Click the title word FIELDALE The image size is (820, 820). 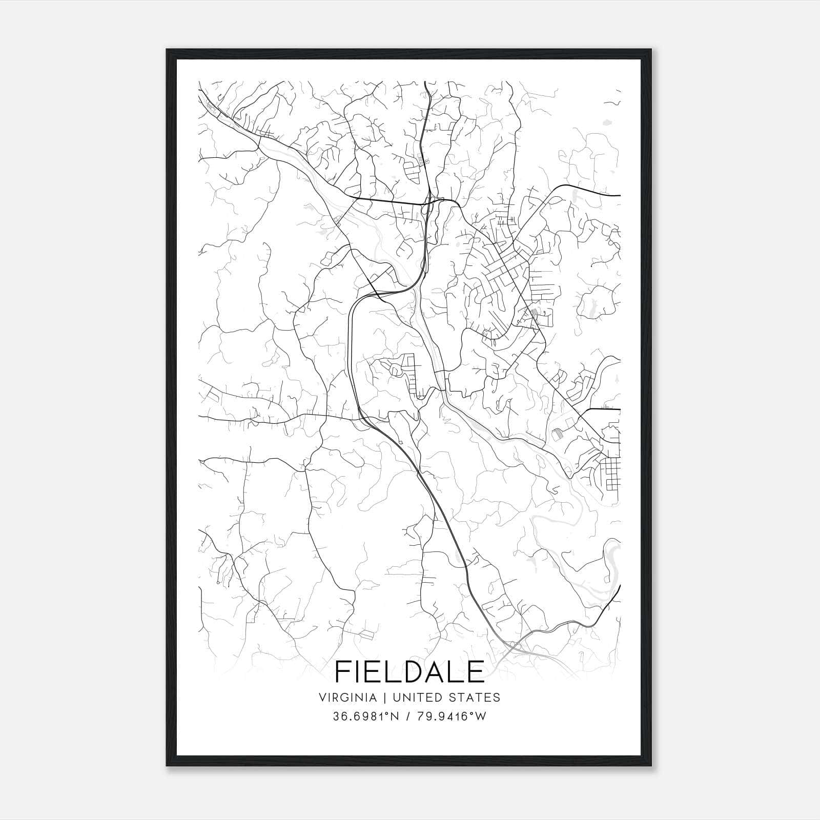[x=409, y=671]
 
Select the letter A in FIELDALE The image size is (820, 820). [x=440, y=671]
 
